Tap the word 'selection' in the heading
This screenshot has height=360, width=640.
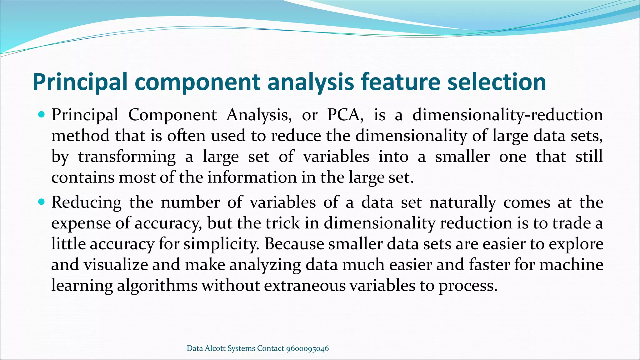tap(497, 82)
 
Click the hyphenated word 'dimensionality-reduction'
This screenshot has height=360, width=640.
tap(507, 115)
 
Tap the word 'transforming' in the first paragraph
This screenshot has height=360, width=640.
tap(127, 157)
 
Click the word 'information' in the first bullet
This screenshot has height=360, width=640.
tap(252, 177)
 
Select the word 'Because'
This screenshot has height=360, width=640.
tap(294, 244)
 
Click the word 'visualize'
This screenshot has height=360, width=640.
tap(115, 265)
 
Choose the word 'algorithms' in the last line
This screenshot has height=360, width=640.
tap(157, 285)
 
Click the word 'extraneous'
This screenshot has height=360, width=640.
tap(305, 285)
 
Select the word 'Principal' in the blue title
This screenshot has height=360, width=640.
tap(80, 82)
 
